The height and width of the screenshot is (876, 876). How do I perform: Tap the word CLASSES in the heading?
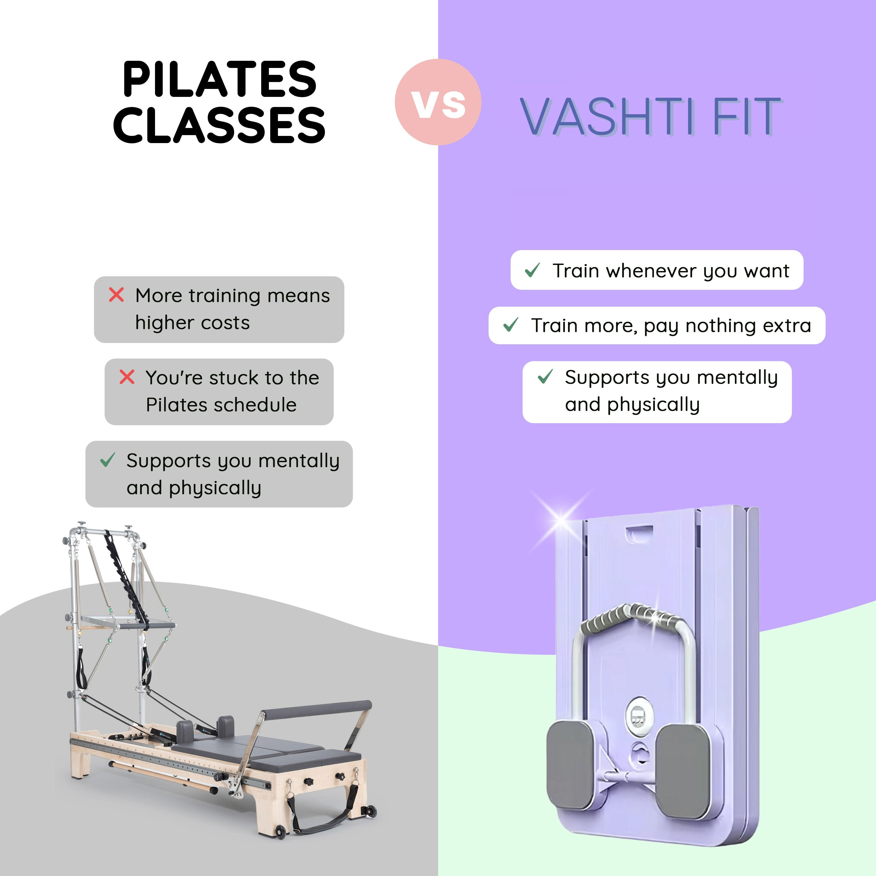point(220,125)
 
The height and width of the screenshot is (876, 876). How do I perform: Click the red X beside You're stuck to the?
point(127,377)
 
